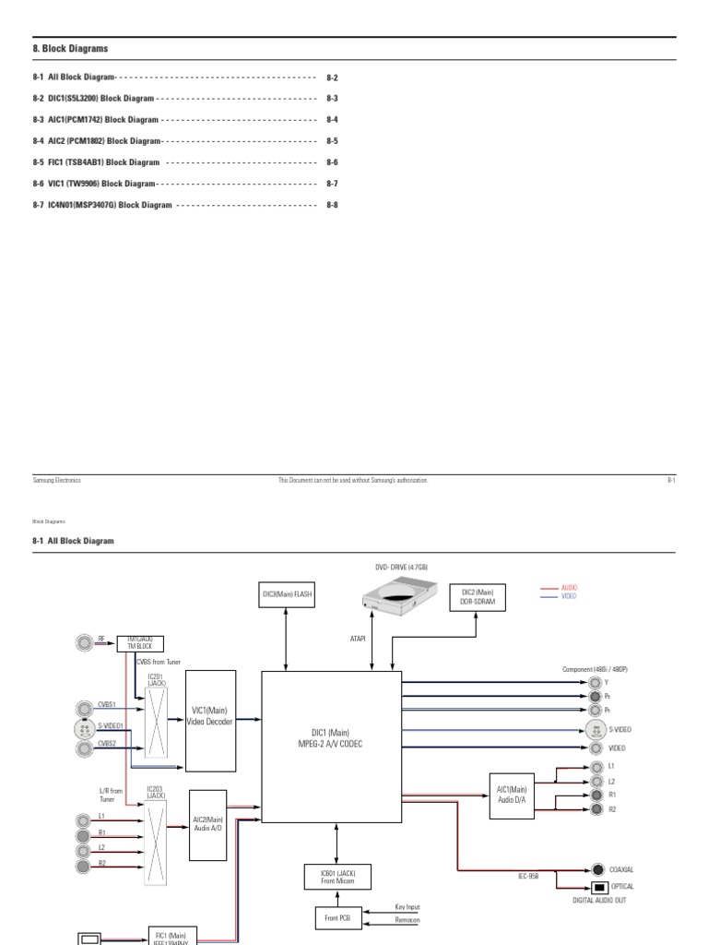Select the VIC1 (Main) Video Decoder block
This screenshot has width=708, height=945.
click(x=212, y=721)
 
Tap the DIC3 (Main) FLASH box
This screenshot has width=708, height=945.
click(x=287, y=595)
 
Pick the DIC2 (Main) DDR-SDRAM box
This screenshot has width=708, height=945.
click(x=478, y=595)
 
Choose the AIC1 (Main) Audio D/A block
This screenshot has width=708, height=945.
click(x=512, y=794)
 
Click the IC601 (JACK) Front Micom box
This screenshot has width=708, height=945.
click(x=336, y=876)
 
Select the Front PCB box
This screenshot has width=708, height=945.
click(x=336, y=917)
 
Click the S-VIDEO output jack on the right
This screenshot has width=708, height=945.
click(x=595, y=729)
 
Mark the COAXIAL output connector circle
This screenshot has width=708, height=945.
click(x=599, y=869)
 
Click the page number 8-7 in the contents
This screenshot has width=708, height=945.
click(x=332, y=185)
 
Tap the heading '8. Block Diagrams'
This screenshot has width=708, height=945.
click(x=70, y=48)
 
